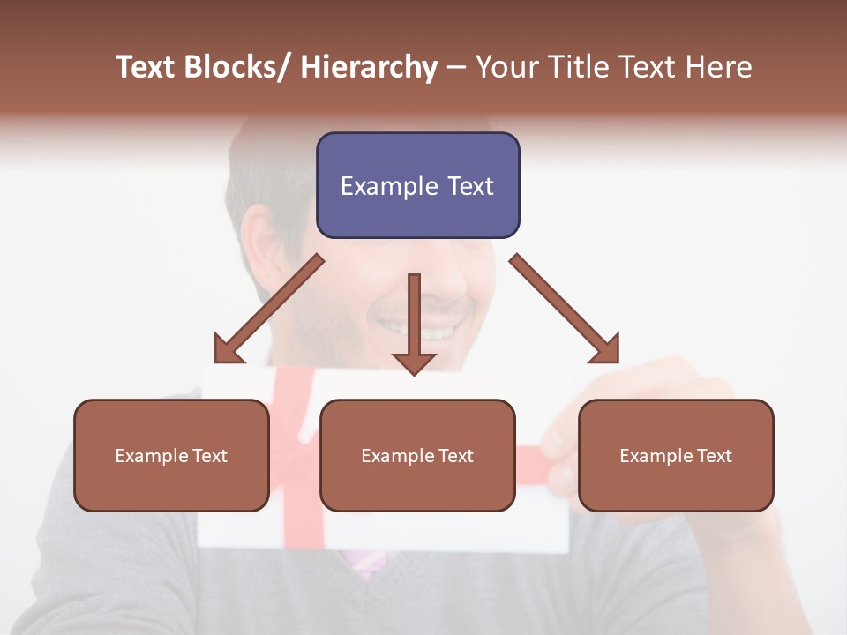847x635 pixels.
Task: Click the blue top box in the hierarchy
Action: click(x=417, y=185)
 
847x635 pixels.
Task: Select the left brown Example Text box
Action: click(x=171, y=455)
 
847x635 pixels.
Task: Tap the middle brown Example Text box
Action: click(x=417, y=455)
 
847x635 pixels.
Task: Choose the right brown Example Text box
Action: click(x=676, y=455)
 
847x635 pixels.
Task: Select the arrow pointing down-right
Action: click(x=565, y=309)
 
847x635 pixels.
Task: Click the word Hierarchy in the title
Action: click(x=369, y=67)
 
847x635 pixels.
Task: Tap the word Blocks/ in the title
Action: click(x=239, y=67)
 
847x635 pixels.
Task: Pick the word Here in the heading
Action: click(x=721, y=67)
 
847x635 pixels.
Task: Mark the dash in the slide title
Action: click(x=456, y=68)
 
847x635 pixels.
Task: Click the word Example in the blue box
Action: click(x=377, y=186)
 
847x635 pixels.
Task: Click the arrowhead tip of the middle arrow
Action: click(x=414, y=374)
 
